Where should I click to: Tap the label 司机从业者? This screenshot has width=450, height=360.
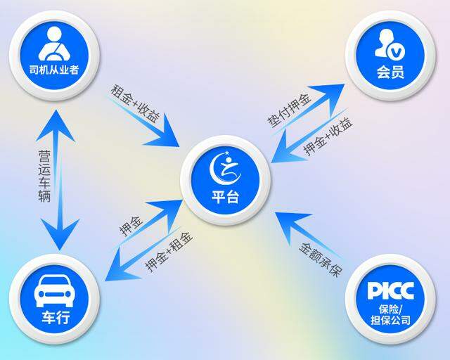pos(54,70)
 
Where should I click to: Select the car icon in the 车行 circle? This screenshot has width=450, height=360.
pos(55,290)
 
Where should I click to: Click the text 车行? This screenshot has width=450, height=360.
pos(56,318)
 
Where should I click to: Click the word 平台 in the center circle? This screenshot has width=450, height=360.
pos(225,197)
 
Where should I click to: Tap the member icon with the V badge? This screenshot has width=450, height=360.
pos(390,45)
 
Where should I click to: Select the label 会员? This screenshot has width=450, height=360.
pos(391,72)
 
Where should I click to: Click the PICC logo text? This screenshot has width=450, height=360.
pos(391,290)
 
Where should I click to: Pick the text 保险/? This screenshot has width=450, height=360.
pos(391,309)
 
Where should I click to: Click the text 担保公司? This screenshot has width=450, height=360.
pos(391,320)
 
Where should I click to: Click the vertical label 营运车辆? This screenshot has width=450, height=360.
pos(44,176)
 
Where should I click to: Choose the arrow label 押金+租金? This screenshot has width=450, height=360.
pos(169,252)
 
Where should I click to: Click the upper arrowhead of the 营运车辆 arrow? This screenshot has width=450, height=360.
pos(56,127)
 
